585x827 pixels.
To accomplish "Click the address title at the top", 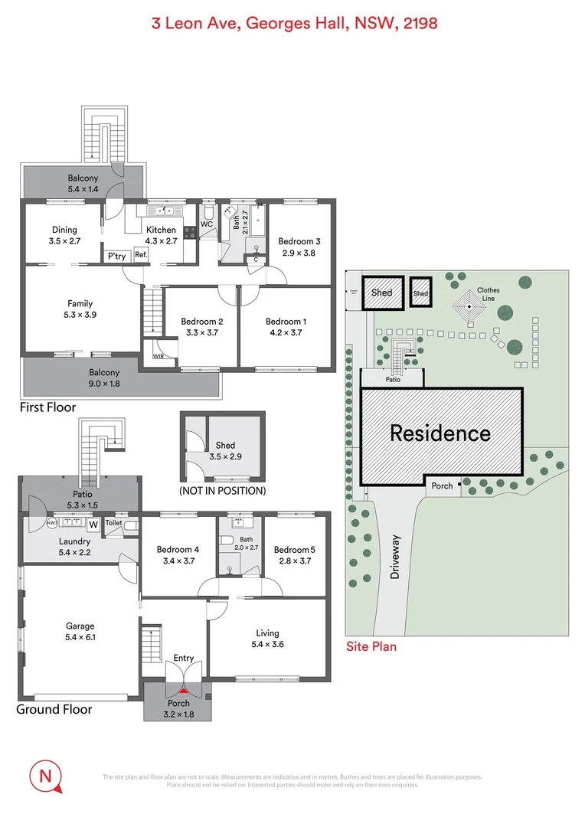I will (x=292, y=23).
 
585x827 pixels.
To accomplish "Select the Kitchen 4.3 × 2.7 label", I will (x=161, y=235).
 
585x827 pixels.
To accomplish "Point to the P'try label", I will (x=116, y=256).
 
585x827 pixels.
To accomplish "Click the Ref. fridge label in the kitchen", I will (x=141, y=256).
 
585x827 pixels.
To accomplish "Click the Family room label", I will (x=80, y=309).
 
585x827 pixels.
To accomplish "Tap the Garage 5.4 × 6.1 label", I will (x=80, y=631).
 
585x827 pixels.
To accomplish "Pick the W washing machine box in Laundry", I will (x=93, y=525).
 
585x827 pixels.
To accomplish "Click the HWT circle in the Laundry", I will (x=53, y=524).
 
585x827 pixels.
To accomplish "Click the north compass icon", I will (x=45, y=776).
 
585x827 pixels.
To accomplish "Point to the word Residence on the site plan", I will (x=440, y=433).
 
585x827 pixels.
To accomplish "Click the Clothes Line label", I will (x=488, y=295).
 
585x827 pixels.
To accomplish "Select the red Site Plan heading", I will (x=371, y=646).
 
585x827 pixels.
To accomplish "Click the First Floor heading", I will (x=47, y=407).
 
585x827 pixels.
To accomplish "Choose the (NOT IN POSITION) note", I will (x=222, y=490).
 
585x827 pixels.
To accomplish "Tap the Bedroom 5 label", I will (x=295, y=554).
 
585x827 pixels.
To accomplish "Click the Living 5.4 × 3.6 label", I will (x=267, y=639).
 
